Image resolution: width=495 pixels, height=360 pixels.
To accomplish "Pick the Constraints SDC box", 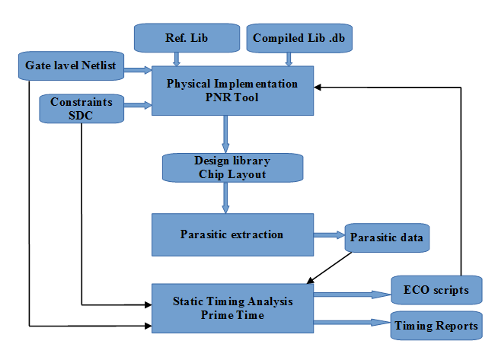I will [81, 107].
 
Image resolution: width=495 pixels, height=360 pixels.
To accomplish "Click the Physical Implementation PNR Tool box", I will [232, 89].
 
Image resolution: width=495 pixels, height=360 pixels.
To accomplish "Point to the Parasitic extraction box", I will [232, 234].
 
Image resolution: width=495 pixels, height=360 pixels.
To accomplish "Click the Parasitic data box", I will [386, 238].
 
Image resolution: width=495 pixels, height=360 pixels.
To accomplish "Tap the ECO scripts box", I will [436, 290].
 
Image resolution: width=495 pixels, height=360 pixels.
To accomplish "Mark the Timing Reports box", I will [437, 326].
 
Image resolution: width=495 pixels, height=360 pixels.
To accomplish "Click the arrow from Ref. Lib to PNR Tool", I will [177, 59].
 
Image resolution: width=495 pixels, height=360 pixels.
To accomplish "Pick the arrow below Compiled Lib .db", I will [289, 59].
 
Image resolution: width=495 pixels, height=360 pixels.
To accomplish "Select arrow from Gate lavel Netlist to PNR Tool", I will [138, 71].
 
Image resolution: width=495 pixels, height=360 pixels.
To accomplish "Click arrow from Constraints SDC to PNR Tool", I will [138, 106].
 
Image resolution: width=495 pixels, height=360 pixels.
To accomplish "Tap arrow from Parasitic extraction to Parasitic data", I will [329, 236].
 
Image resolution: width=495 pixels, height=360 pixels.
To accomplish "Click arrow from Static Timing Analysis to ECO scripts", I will [350, 292].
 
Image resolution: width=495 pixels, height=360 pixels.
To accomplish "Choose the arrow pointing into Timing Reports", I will [350, 323].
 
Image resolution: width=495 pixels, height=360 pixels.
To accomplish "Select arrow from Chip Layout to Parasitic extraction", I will [225, 197].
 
